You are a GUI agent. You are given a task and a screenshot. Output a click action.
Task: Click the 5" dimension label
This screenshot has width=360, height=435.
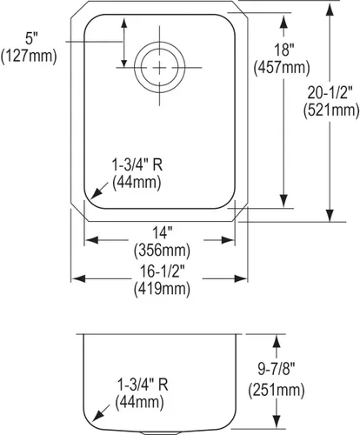(x=31, y=38)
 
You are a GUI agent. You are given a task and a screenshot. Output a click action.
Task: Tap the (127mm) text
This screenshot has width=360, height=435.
(x=29, y=56)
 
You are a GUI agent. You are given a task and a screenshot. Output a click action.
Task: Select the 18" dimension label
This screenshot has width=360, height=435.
(x=284, y=50)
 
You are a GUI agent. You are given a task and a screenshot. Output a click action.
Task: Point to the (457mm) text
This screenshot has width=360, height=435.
(x=282, y=68)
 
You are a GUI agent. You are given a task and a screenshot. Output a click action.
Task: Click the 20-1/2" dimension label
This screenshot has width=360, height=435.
(x=330, y=93)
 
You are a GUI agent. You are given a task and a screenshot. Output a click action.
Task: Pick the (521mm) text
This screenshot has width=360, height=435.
(x=331, y=110)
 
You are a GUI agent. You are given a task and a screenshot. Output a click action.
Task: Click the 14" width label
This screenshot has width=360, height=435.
(x=163, y=233)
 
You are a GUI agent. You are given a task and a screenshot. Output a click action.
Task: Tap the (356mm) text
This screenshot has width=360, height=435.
(x=162, y=251)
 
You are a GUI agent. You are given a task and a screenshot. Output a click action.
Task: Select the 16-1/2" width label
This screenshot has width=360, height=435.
(x=162, y=271)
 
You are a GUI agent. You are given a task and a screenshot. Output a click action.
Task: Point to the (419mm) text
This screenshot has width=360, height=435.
(x=162, y=289)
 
